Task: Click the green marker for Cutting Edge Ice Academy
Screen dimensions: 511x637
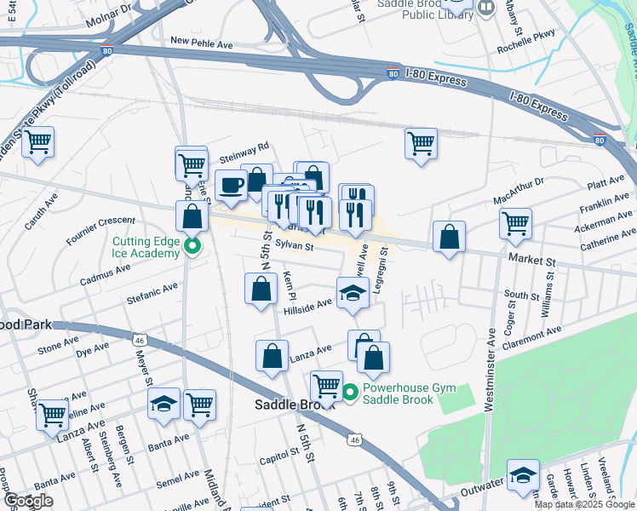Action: [192, 248]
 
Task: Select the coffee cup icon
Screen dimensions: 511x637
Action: [231, 185]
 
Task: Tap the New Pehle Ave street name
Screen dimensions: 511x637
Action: [202, 41]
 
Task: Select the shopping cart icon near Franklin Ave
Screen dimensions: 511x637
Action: [515, 224]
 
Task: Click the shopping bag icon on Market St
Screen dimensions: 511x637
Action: [449, 238]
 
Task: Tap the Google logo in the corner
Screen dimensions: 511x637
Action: [28, 501]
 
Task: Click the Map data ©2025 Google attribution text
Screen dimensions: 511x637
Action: [584, 504]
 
